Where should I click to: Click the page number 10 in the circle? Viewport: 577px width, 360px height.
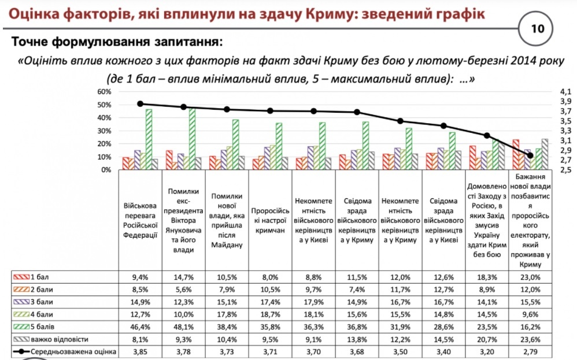(x=537, y=29)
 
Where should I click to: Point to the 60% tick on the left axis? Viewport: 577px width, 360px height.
(x=104, y=91)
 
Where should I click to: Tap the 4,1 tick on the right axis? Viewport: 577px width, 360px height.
(x=565, y=91)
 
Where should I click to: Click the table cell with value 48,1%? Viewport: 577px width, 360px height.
(x=183, y=327)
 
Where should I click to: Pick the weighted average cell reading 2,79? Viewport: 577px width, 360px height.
(x=530, y=352)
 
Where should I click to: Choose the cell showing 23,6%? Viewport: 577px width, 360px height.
(x=530, y=339)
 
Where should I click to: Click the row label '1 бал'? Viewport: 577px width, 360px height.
(x=39, y=277)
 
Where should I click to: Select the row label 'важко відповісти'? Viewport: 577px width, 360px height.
(x=59, y=339)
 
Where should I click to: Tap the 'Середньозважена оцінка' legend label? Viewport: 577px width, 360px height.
(x=73, y=352)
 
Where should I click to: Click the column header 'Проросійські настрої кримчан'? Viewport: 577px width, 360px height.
(x=270, y=221)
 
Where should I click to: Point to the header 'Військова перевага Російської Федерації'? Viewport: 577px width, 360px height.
(x=140, y=221)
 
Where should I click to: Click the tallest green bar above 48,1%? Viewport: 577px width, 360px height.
(x=192, y=139)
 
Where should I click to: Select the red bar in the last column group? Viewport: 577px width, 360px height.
(x=516, y=154)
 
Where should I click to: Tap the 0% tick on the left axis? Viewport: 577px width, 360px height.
(x=106, y=170)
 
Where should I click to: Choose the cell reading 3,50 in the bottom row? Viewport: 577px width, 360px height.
(x=400, y=352)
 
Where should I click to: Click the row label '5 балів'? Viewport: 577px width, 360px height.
(x=42, y=327)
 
